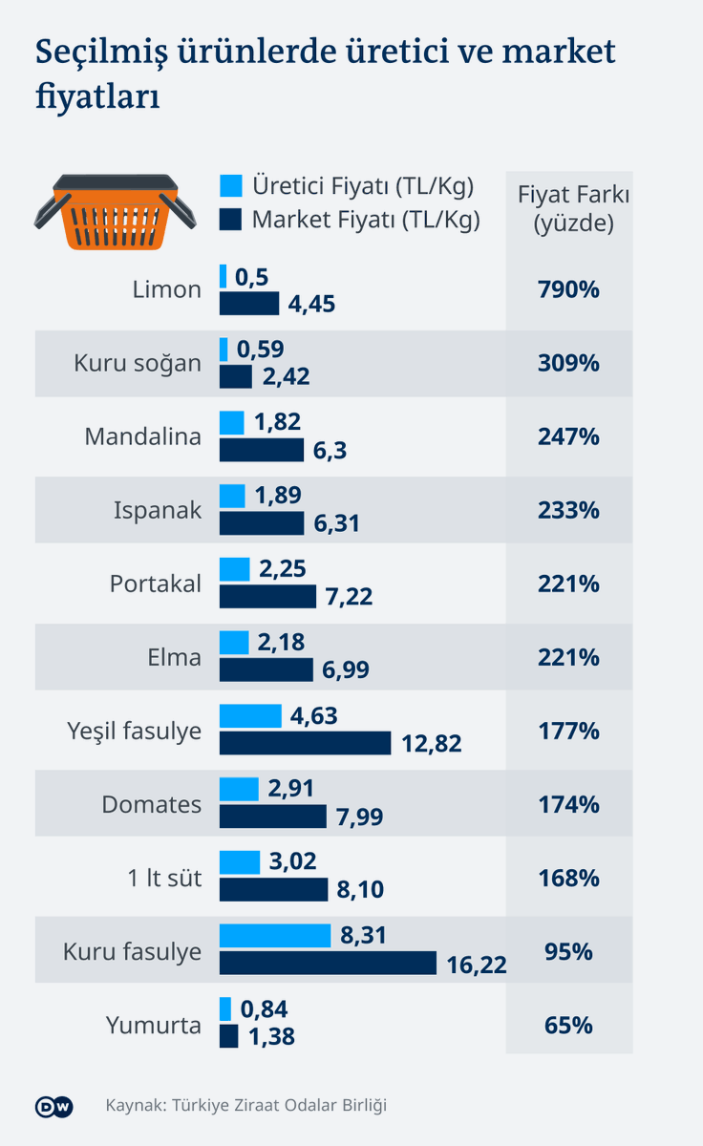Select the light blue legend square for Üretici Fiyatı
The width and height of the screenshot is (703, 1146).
click(230, 185)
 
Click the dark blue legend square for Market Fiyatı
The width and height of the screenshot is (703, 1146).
click(230, 221)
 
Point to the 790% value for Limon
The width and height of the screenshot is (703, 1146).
click(568, 289)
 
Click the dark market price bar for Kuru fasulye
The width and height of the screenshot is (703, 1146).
click(328, 964)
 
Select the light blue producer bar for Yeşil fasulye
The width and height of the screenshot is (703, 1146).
click(250, 716)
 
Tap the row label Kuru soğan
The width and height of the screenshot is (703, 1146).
click(138, 364)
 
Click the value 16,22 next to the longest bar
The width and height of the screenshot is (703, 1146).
click(476, 965)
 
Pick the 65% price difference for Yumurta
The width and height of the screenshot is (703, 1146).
click(568, 1026)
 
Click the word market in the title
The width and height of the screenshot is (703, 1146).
click(555, 53)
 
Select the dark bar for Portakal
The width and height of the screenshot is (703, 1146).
click(267, 597)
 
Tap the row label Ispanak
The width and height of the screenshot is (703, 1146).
click(158, 511)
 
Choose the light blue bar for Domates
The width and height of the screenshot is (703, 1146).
click(239, 789)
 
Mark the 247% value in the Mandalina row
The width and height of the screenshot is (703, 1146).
click(568, 437)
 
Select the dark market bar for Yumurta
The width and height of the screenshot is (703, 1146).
click(228, 1036)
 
